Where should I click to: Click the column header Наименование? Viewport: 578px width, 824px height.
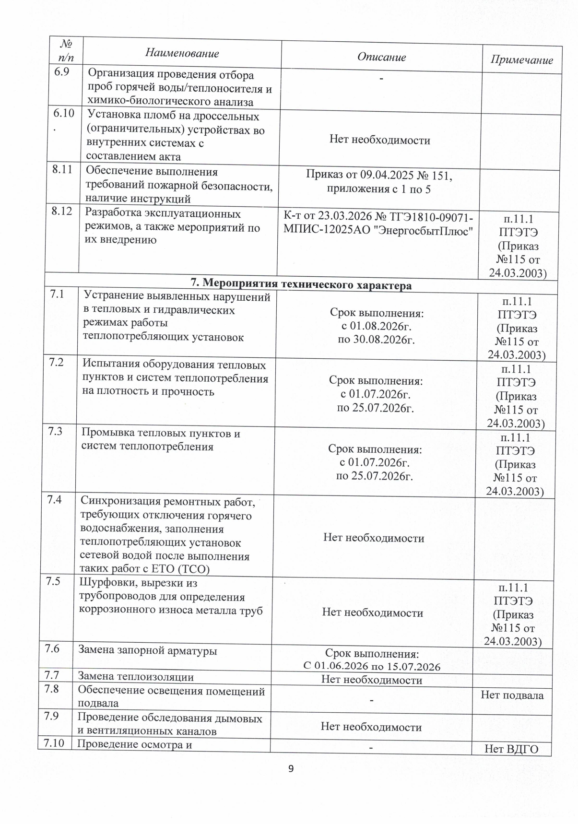pyautogui.click(x=182, y=53)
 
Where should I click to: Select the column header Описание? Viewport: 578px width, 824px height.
pyautogui.click(x=381, y=57)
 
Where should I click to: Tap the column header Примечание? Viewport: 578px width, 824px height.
pyautogui.click(x=521, y=60)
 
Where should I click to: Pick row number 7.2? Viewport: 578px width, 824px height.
pyautogui.click(x=57, y=363)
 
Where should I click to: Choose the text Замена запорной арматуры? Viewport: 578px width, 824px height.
pyautogui.click(x=147, y=650)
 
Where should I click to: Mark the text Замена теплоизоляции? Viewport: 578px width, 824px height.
pyautogui.click(x=136, y=677)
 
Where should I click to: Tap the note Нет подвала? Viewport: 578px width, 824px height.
pyautogui.click(x=512, y=695)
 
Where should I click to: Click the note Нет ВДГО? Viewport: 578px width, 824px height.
pyautogui.click(x=511, y=749)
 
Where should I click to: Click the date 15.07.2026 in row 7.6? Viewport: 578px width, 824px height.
pyautogui.click(x=413, y=666)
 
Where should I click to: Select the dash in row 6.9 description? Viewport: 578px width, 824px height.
pyautogui.click(x=381, y=78)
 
